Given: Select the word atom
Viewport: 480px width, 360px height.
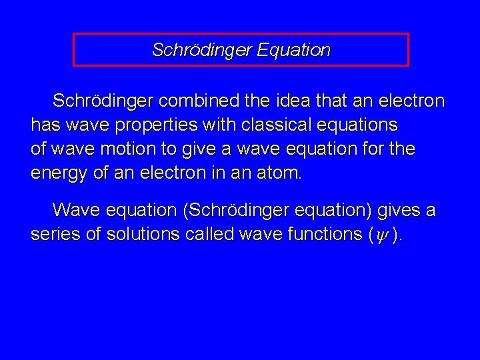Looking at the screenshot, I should click(281, 174).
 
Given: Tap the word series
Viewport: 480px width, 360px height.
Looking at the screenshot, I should click(55, 235).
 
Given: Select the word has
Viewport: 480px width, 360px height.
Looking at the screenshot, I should click(45, 125).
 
